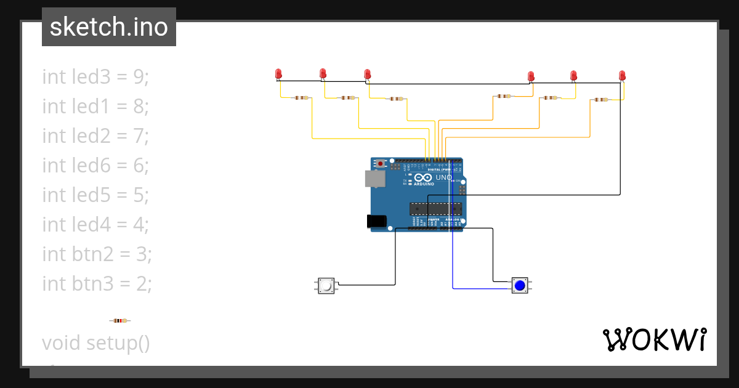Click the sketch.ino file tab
point(109,27)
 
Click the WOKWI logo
point(654,340)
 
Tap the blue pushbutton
point(520,285)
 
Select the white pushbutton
point(326,286)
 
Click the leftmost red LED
point(278,74)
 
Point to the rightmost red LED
point(622,76)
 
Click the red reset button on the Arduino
point(381,164)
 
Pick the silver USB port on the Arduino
point(375,179)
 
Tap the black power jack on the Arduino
point(376,221)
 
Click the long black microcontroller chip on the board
point(436,209)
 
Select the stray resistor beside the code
point(119,320)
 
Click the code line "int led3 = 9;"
point(96,77)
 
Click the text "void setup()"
point(96,342)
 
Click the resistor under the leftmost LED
point(301,97)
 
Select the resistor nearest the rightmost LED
point(600,99)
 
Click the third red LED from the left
point(368,75)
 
